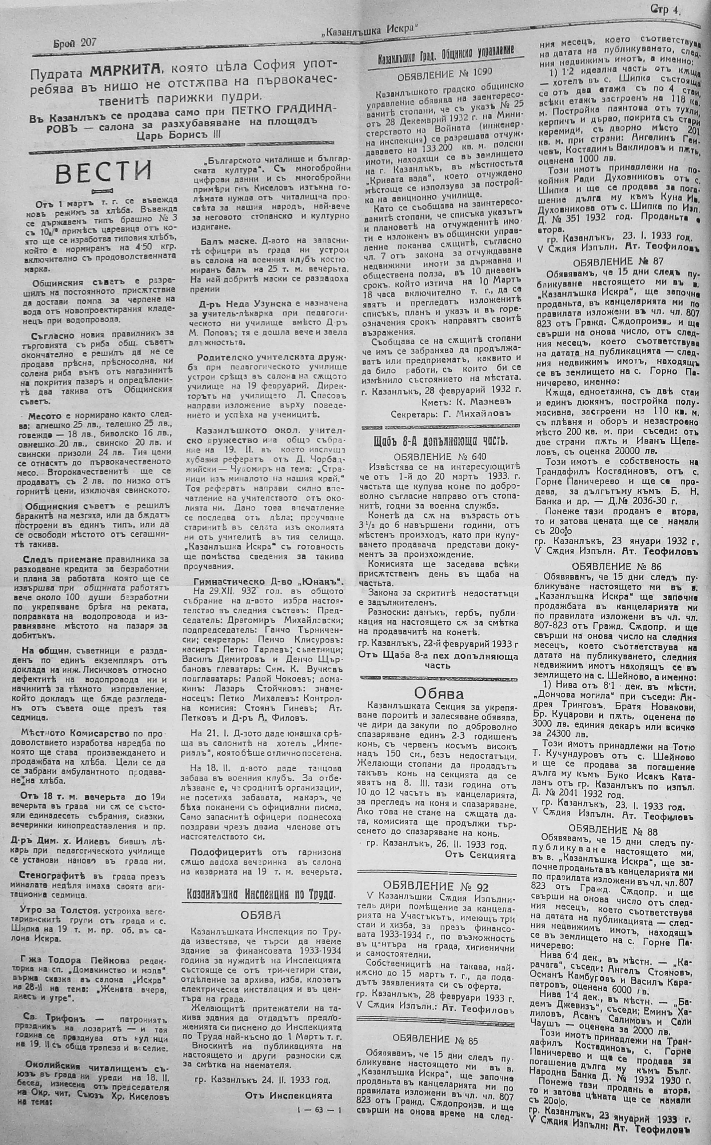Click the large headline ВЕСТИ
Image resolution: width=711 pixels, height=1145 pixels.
pos(104,172)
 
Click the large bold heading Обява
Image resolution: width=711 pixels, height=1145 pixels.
pos(438,693)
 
